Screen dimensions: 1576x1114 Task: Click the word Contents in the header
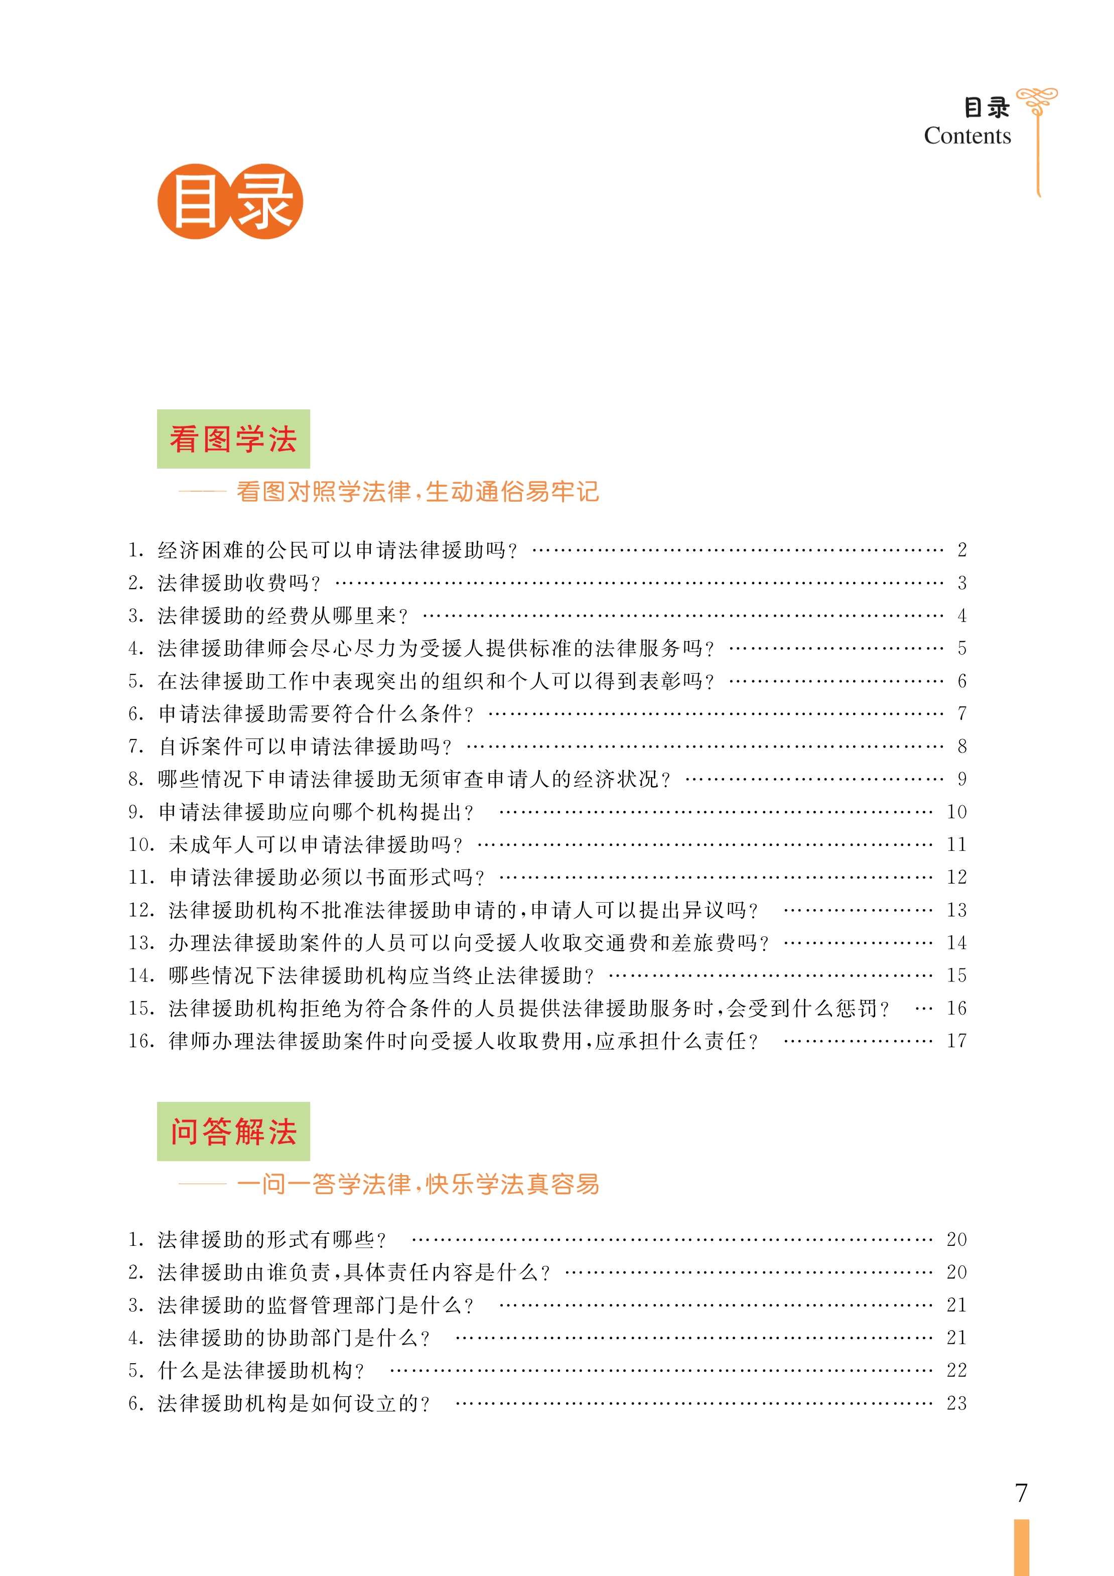pos(967,136)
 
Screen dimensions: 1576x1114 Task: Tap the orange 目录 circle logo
pos(230,201)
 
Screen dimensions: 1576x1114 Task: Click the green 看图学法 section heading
pos(233,440)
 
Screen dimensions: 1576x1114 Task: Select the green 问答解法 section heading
pos(233,1131)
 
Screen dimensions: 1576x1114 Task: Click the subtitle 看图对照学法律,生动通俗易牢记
pos(417,492)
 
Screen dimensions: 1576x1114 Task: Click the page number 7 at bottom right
pos(1021,1493)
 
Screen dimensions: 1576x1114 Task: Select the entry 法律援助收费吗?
pos(239,583)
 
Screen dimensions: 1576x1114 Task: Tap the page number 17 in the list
pos(956,1041)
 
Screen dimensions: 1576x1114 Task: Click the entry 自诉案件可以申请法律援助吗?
pos(306,746)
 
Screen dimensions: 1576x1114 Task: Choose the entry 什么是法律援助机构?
pos(261,1370)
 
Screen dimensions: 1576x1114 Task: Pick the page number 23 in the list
pos(956,1403)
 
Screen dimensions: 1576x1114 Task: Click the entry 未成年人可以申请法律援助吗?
pos(316,844)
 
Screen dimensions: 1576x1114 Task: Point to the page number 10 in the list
pos(956,812)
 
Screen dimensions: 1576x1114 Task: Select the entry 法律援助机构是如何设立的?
pos(294,1403)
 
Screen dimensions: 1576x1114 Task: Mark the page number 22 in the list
pos(956,1370)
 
